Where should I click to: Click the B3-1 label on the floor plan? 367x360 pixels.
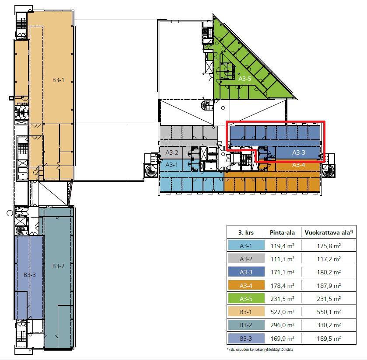58,80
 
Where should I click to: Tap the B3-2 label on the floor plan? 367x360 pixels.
58,266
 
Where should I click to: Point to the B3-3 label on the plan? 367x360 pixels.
30,275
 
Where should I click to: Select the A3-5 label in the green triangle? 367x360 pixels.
245,79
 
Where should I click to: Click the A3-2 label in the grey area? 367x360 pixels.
172,152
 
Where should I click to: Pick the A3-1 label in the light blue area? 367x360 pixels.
171,165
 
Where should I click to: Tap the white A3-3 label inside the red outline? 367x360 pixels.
299,152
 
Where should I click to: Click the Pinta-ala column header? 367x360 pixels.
282,232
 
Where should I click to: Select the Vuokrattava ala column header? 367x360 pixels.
329,232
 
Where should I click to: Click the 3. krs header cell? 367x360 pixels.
246,232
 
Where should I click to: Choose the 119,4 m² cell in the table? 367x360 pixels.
282,246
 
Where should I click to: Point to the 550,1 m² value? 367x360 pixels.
329,312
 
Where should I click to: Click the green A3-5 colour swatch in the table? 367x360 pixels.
246,298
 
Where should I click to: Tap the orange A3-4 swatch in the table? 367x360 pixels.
246,285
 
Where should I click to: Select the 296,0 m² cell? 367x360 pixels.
282,325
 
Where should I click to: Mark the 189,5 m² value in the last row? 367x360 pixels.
329,338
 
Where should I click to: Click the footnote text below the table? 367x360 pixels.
260,350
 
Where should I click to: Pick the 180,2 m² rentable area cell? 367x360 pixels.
329,272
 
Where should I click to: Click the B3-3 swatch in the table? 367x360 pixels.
246,338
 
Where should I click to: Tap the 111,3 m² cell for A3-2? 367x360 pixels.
282,259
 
